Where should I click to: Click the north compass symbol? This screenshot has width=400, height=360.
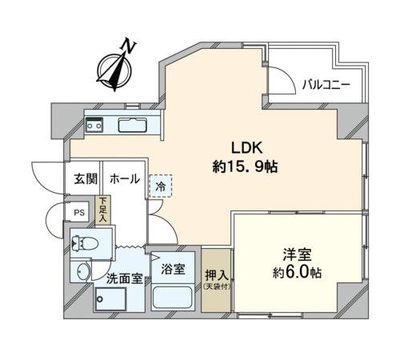tap(114, 71)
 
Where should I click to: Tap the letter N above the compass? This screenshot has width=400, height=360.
tap(129, 46)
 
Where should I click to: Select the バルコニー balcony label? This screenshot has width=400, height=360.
tap(326, 85)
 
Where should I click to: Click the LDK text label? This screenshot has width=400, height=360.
tap(247, 148)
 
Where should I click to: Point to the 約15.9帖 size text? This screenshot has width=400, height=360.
tap(245, 166)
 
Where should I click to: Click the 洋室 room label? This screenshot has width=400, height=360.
tap(297, 254)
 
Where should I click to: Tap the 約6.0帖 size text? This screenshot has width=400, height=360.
tap(297, 273)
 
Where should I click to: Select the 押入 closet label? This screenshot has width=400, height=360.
tap(216, 274)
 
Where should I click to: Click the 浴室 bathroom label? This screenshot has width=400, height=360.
tap(173, 269)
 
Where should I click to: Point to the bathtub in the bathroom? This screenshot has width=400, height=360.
tap(173, 298)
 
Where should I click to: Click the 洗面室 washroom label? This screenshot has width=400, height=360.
tap(125, 278)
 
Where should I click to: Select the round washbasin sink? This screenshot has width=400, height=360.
tap(84, 272)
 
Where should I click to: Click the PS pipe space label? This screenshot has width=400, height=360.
tap(79, 213)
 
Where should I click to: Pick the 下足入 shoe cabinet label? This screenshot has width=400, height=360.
tap(102, 210)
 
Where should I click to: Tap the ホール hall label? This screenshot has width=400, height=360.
tap(125, 178)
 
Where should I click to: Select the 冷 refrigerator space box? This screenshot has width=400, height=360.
tap(161, 186)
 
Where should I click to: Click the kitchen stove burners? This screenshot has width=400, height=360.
tap(94, 125)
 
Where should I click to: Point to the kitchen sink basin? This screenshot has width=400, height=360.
tap(133, 125)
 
